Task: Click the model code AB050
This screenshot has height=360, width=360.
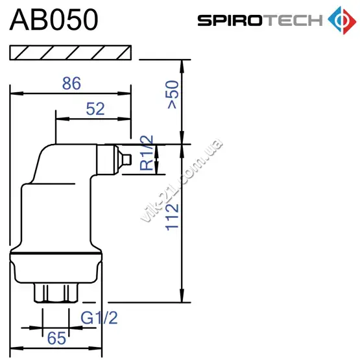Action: coord(54,19)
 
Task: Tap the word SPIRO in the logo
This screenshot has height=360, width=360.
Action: coord(230,20)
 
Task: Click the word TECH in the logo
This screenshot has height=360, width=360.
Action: coord(293,20)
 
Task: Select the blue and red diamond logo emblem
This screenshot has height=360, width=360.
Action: coord(342,20)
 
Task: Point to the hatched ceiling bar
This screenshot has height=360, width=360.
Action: coord(71,53)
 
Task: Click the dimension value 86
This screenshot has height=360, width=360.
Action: coord(71,83)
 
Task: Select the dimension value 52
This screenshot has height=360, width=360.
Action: coord(95,109)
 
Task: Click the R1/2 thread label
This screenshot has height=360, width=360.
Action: coord(146,152)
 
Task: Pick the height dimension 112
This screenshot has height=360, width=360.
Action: coord(172,217)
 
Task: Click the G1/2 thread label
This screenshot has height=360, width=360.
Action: coord(99,318)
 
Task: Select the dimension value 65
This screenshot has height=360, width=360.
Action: coord(56,338)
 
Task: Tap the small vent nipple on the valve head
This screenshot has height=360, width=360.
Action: coord(127,160)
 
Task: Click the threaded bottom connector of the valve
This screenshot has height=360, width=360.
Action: coord(56,293)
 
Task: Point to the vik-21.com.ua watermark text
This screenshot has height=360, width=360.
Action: coord(182,180)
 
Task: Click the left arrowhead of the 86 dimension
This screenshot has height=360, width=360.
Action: coord(16,93)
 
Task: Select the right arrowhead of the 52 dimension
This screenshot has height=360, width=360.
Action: coord(124,119)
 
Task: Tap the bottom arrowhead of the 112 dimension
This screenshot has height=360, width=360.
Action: coord(182,296)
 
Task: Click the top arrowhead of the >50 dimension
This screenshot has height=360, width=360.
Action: coord(182,67)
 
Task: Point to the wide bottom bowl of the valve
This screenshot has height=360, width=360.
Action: coord(56,268)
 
